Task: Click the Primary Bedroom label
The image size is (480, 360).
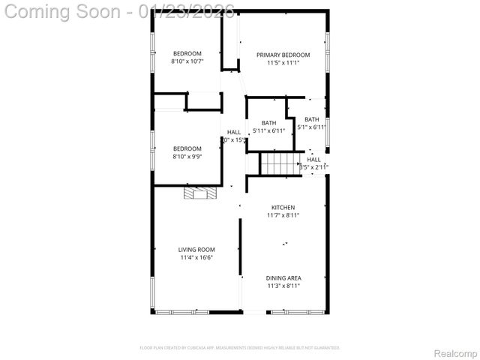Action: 283,55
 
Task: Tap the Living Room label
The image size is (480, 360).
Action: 196,250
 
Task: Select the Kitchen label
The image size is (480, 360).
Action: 283,207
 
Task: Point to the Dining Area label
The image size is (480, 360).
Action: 283,277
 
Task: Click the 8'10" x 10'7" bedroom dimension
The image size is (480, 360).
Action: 187,61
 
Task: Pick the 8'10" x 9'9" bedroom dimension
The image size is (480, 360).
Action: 187,157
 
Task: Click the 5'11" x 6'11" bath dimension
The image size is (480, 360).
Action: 269,131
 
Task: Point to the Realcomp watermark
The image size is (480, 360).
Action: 456,352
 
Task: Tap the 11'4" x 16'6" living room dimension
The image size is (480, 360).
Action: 196,258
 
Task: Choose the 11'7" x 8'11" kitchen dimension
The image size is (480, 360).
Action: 283,215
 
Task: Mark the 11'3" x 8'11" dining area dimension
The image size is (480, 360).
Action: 283,286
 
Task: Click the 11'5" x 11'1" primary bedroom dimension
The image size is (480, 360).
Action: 283,63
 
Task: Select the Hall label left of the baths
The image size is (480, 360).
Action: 234,132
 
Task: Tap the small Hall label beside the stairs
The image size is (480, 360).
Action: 313,159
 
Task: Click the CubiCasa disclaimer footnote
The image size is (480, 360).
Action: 240,348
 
